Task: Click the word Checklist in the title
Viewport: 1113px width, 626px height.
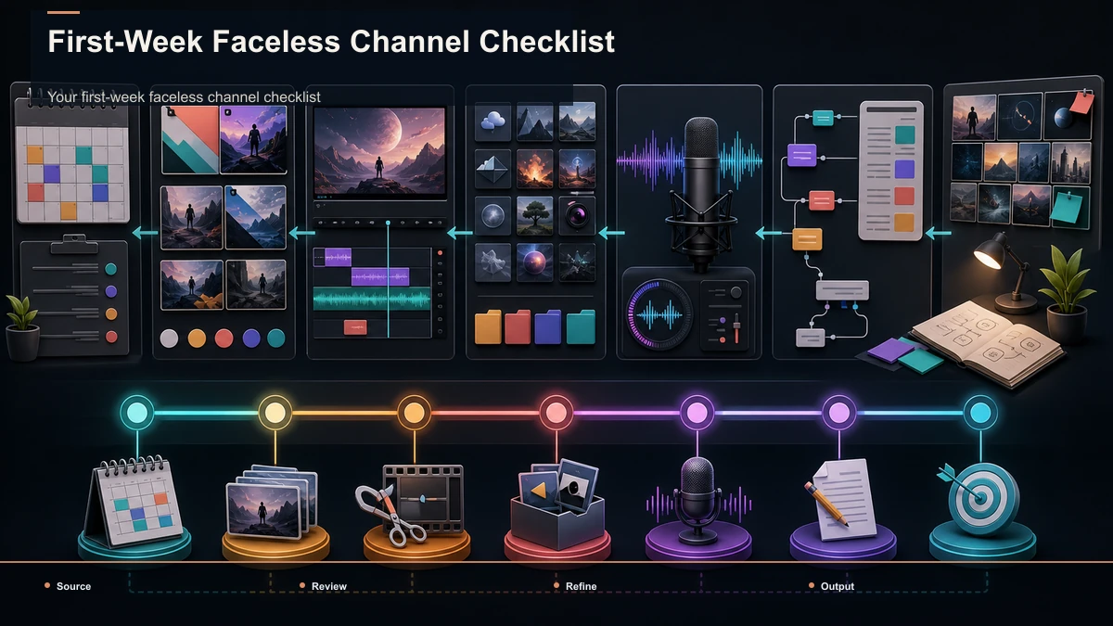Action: click(546, 41)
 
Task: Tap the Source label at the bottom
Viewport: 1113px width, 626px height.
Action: click(73, 586)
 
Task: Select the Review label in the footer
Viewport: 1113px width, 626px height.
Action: click(329, 586)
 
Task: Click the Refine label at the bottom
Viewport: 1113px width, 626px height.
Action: click(581, 586)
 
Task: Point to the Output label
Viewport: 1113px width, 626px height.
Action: click(838, 586)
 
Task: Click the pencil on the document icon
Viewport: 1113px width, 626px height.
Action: click(826, 504)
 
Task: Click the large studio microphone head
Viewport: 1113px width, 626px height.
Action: click(700, 142)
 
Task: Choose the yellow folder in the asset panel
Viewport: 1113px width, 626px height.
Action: click(488, 326)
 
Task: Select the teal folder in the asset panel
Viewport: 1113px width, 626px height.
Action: click(581, 326)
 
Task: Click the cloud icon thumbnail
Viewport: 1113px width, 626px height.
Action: click(493, 121)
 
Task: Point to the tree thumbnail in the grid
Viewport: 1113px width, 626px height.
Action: click(534, 215)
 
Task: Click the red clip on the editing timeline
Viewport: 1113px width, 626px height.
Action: click(355, 327)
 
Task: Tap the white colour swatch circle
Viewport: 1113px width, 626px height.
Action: click(169, 339)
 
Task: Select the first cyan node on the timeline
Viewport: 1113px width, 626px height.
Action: click(137, 413)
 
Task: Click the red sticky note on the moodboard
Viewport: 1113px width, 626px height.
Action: click(1081, 103)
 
